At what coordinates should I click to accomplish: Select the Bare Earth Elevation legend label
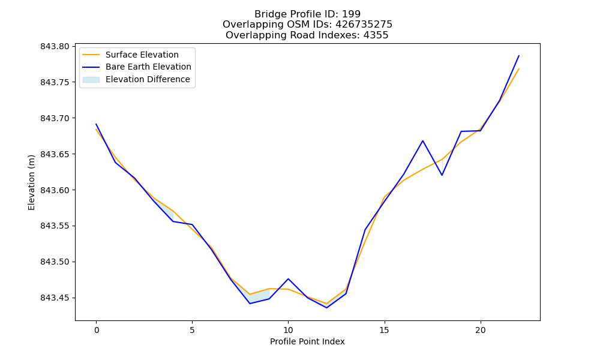click(148, 67)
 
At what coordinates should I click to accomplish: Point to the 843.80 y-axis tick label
click(55, 47)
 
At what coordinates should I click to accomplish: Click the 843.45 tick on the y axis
click(55, 298)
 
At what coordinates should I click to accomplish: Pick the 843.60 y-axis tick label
click(55, 190)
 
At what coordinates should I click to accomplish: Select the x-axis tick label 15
click(384, 330)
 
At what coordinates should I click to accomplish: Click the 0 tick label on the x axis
click(97, 330)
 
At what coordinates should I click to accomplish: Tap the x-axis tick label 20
click(480, 330)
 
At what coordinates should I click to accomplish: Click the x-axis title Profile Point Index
click(307, 341)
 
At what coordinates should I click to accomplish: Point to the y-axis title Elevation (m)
click(31, 182)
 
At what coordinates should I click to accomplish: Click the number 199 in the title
click(351, 14)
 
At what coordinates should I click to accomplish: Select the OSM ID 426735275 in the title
click(364, 25)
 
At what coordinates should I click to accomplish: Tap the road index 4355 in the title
click(376, 35)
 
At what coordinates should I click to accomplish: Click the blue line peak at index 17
click(423, 141)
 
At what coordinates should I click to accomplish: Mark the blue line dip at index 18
click(442, 175)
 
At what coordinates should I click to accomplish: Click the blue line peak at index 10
click(288, 279)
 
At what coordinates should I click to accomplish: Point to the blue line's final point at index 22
click(519, 56)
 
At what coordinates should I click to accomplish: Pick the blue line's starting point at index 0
click(96, 124)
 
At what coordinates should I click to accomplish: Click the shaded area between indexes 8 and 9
click(257, 296)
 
